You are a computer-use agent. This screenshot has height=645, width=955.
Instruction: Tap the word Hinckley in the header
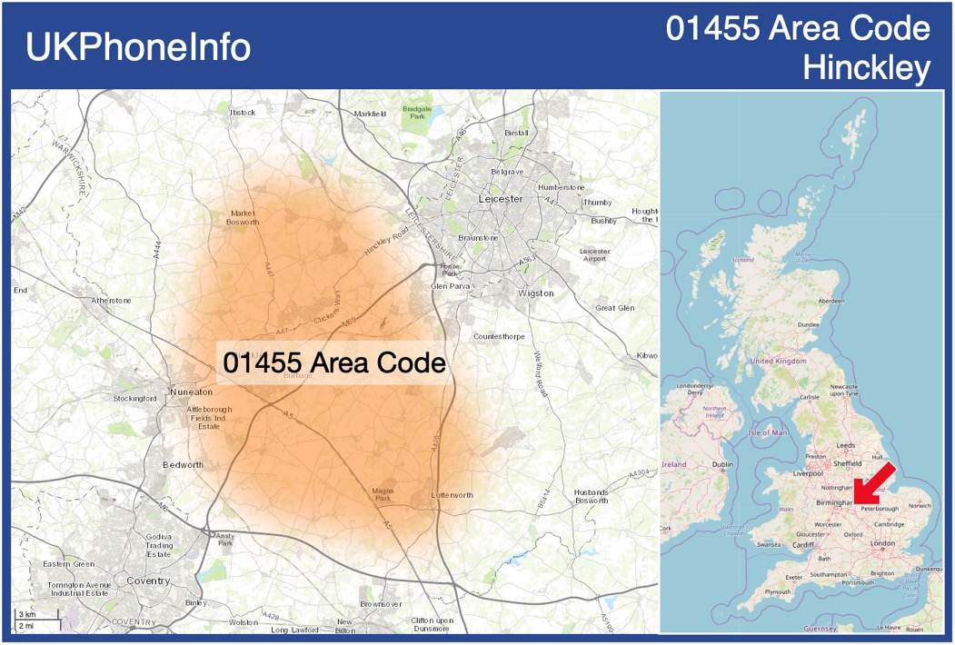pyautogui.click(x=867, y=66)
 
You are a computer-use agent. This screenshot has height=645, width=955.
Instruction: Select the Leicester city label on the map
pyautogui.click(x=501, y=198)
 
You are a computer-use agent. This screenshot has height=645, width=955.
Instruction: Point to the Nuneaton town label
pyautogui.click(x=191, y=392)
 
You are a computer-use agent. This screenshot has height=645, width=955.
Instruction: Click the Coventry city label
pyautogui.click(x=148, y=580)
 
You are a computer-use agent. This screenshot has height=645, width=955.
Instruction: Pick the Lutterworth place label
pyautogui.click(x=452, y=495)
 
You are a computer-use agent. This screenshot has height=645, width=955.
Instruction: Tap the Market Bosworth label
pyautogui.click(x=245, y=217)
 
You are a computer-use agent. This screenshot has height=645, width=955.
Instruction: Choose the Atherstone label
pyautogui.click(x=111, y=300)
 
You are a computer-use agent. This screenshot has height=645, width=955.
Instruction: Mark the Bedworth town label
pyautogui.click(x=183, y=464)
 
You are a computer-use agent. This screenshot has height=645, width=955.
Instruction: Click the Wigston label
pyautogui.click(x=535, y=293)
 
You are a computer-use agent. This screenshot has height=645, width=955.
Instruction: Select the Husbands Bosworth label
pyautogui.click(x=592, y=497)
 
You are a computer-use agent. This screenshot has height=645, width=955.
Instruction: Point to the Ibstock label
pyautogui.click(x=243, y=112)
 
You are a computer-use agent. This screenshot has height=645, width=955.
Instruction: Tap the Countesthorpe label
pyautogui.click(x=499, y=336)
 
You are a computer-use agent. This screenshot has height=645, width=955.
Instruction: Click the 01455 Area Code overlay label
pyautogui.click(x=334, y=362)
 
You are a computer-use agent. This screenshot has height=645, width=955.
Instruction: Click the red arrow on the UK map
pyautogui.click(x=877, y=483)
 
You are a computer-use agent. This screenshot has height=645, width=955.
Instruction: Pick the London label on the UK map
pyautogui.click(x=882, y=543)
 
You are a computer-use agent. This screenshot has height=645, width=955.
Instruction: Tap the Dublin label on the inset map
pyautogui.click(x=722, y=464)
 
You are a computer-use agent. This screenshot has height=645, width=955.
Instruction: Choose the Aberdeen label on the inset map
pyautogui.click(x=831, y=301)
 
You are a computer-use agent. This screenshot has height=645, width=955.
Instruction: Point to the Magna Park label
pyautogui.click(x=383, y=494)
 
